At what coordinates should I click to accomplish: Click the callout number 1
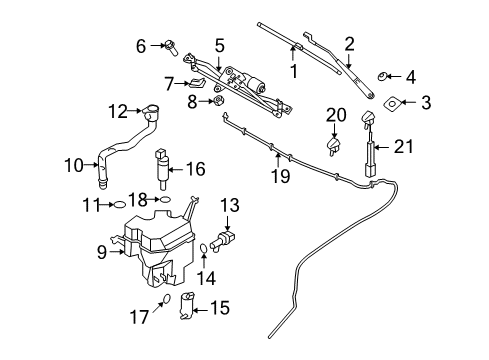(x=294, y=72)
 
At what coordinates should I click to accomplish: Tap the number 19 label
(x=282, y=177)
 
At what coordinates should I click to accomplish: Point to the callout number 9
(x=101, y=253)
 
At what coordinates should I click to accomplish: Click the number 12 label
(x=118, y=111)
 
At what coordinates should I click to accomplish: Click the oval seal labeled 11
(x=120, y=204)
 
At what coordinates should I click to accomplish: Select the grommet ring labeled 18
(x=166, y=200)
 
